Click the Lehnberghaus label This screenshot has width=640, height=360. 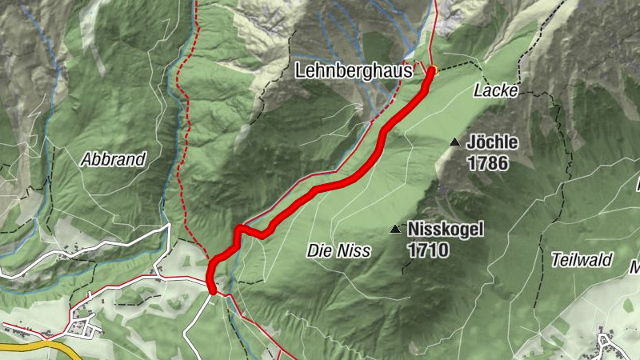point(353,71)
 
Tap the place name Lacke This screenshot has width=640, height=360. point(490,90)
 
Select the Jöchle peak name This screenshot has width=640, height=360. point(492,142)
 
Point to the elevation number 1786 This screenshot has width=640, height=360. point(487,161)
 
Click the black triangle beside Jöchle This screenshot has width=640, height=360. point(454,142)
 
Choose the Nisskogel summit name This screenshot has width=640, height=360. point(445,230)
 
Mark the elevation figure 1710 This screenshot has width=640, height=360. point(427,250)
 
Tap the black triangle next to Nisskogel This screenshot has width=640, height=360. point(394,230)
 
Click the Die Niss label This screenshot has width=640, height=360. point(338,251)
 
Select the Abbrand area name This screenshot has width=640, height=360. point(113,159)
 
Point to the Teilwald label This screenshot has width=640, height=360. point(582,259)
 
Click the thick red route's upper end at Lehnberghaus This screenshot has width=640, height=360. point(432,71)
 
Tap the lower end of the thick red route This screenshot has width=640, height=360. point(211,290)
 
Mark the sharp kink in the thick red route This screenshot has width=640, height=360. point(239,230)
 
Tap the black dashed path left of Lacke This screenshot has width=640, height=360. point(454,66)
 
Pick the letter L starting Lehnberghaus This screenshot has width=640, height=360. point(300,71)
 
